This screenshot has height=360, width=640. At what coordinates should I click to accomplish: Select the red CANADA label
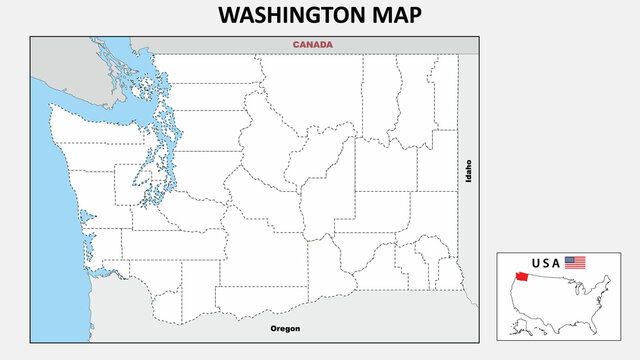click(312, 45)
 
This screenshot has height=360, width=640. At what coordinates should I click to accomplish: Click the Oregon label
click(285, 328)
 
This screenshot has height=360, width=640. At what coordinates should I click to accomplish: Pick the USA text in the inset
click(546, 263)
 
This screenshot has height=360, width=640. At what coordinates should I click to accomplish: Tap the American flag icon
click(575, 262)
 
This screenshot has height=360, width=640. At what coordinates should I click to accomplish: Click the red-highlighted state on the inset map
click(522, 277)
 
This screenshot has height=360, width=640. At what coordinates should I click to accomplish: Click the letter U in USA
click(536, 263)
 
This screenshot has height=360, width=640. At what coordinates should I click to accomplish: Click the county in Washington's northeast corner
click(446, 95)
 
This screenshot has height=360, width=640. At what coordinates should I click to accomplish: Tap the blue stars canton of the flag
click(570, 260)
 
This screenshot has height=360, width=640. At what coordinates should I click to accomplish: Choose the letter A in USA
click(556, 263)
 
